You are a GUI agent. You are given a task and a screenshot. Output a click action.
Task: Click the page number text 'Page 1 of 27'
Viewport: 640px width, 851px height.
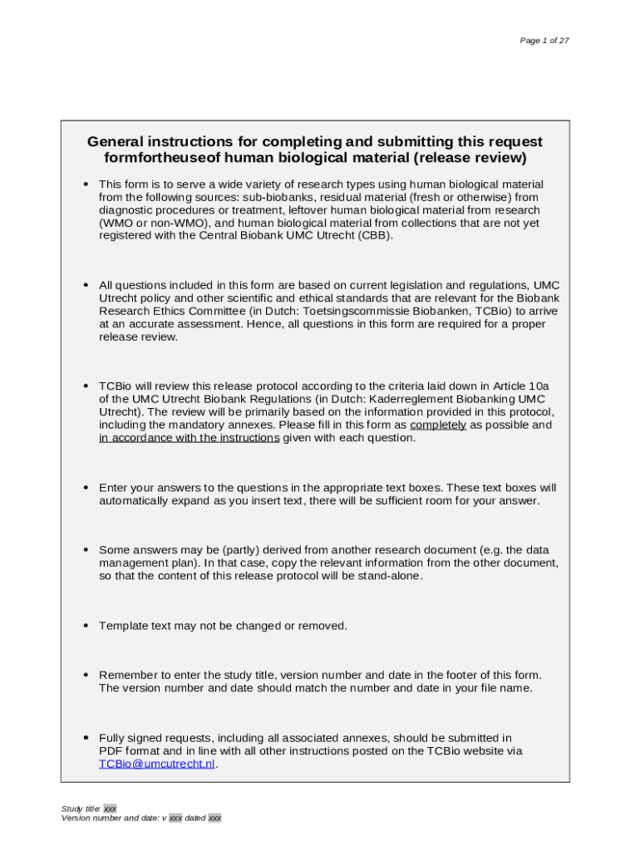pyautogui.click(x=544, y=41)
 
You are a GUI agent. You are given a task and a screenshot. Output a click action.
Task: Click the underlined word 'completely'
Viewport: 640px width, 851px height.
pyautogui.click(x=438, y=425)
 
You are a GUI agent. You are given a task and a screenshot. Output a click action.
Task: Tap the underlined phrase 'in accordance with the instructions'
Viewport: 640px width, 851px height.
pyautogui.click(x=189, y=437)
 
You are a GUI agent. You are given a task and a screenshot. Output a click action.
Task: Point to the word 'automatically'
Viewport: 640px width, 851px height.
pyautogui.click(x=135, y=500)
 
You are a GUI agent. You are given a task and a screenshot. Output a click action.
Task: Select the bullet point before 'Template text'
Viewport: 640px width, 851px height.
pyautogui.click(x=86, y=625)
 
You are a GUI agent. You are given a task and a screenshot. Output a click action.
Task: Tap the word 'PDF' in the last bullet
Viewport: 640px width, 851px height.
pyautogui.click(x=111, y=750)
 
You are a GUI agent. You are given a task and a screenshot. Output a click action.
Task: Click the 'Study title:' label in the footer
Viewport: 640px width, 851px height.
pyautogui.click(x=81, y=809)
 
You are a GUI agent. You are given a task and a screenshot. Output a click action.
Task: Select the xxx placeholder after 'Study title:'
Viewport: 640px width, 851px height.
pyautogui.click(x=110, y=809)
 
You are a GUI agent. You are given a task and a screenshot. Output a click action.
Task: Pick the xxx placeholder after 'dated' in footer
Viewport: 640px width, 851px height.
pyautogui.click(x=214, y=818)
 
